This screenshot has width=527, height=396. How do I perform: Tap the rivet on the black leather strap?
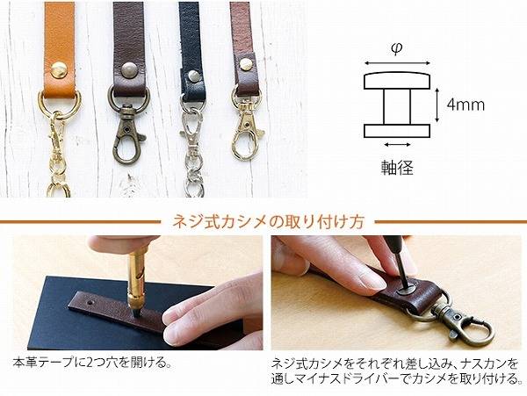coord(192,76)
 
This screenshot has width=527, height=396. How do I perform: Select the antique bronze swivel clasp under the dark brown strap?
coord(128,133)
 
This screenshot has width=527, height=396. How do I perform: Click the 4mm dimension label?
coord(466,104)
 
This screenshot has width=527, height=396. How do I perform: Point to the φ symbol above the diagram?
coord(397,48)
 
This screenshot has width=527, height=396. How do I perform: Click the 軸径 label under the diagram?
coord(397,167)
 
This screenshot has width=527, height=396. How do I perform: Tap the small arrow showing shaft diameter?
coord(397,145)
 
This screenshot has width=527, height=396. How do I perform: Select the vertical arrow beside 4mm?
coord(437,105)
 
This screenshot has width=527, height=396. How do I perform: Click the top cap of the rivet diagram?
coord(397,80)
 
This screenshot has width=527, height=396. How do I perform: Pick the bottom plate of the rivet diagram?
coord(397,131)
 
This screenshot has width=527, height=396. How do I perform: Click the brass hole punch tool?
coord(137,277)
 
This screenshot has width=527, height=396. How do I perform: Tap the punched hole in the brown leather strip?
coord(90,303)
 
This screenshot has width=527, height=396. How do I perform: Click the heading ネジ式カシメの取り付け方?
coord(268,222)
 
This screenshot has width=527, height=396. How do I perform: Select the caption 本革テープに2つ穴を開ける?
coord(90,363)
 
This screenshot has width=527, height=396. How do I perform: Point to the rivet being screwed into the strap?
coord(408,290)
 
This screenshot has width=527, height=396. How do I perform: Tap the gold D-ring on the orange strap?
coord(59,102)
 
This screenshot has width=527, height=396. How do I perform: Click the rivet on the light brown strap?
coord(246,64)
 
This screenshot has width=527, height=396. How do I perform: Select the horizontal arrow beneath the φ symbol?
coord(397,63)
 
